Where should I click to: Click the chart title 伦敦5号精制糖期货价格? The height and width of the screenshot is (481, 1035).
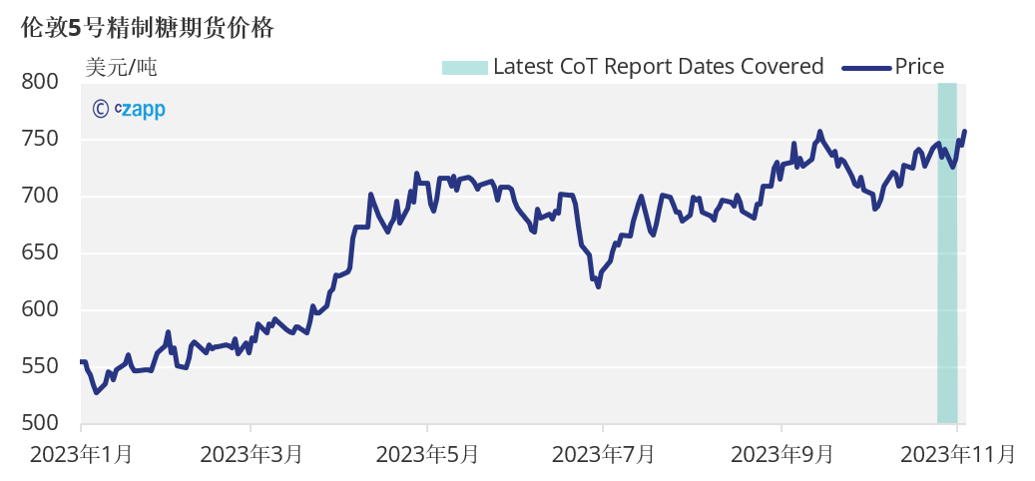(147, 28)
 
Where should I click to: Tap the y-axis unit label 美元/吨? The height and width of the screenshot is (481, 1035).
(121, 68)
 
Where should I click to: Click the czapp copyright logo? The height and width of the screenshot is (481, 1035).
(129, 109)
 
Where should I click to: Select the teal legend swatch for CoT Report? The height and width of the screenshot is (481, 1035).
(464, 67)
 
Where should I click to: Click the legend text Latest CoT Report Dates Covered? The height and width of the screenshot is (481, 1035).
(658, 67)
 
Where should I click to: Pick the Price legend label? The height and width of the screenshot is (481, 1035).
(919, 67)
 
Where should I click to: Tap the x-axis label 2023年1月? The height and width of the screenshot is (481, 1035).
(81, 455)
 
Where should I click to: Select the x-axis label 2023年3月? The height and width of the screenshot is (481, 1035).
(252, 455)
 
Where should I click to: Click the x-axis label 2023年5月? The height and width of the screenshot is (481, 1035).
(427, 455)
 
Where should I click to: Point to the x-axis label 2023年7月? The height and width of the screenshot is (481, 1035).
(603, 455)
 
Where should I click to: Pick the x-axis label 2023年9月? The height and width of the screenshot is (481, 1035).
(781, 455)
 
